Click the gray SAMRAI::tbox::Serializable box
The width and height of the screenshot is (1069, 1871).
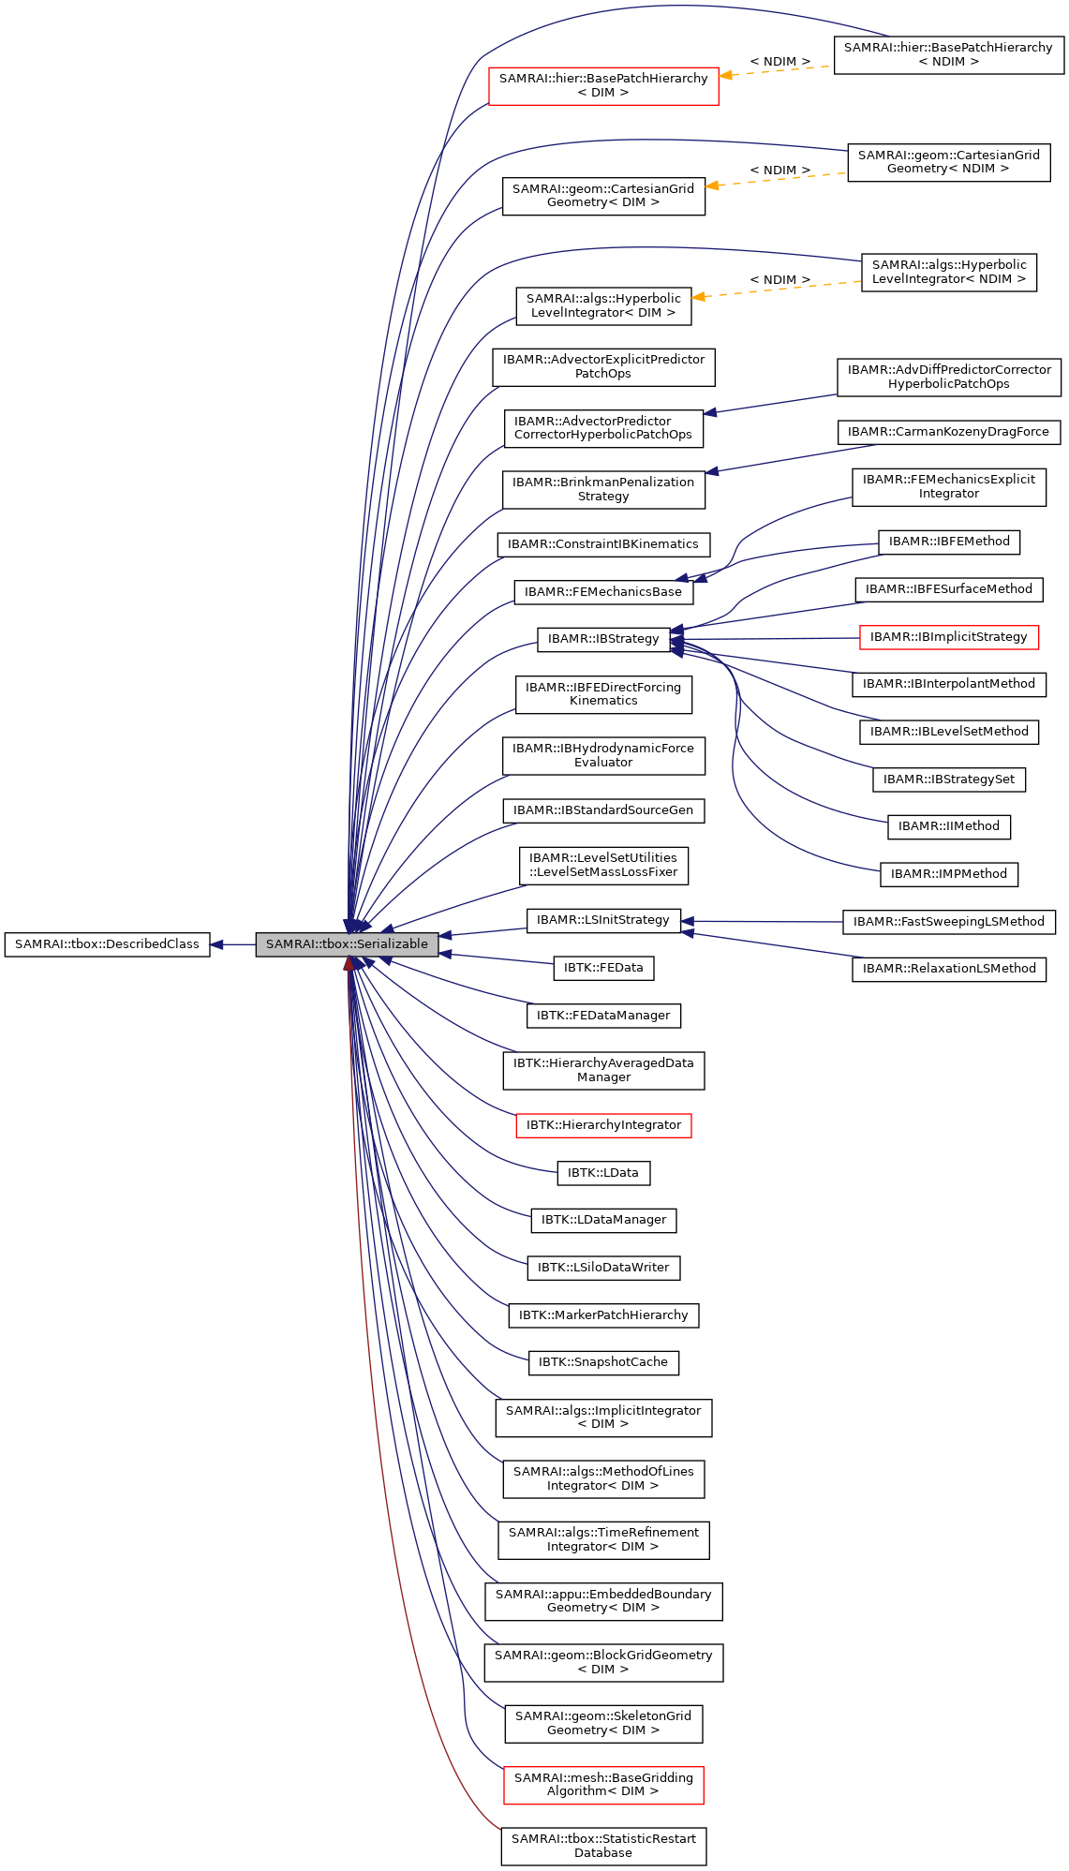click(347, 944)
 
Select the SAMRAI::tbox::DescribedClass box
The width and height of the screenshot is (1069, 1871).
click(107, 944)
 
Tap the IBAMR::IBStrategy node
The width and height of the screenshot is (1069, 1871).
click(603, 639)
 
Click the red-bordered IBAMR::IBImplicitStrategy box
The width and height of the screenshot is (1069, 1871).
click(948, 637)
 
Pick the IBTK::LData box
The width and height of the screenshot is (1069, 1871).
click(602, 1173)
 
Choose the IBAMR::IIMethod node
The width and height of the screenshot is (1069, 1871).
click(948, 826)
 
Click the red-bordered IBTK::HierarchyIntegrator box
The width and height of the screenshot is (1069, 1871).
click(603, 1125)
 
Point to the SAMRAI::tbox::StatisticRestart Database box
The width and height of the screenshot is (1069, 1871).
click(603, 1846)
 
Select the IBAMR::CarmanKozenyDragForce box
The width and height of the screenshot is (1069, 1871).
click(948, 432)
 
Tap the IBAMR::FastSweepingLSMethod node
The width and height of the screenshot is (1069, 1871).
click(948, 922)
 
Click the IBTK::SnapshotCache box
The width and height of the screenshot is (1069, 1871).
click(602, 1362)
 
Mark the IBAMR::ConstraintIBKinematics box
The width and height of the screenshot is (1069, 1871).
click(602, 544)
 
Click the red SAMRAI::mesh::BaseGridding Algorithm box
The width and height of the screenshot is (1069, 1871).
click(603, 1785)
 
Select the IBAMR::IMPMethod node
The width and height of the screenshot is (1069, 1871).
click(948, 874)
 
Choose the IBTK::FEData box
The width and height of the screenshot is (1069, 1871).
click(602, 968)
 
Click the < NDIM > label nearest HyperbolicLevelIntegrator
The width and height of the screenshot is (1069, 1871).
click(779, 280)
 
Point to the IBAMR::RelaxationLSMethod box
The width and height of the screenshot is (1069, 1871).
click(948, 969)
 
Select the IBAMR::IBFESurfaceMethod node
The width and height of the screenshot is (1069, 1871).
click(948, 589)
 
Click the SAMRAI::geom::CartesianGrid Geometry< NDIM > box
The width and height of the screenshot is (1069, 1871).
click(948, 162)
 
